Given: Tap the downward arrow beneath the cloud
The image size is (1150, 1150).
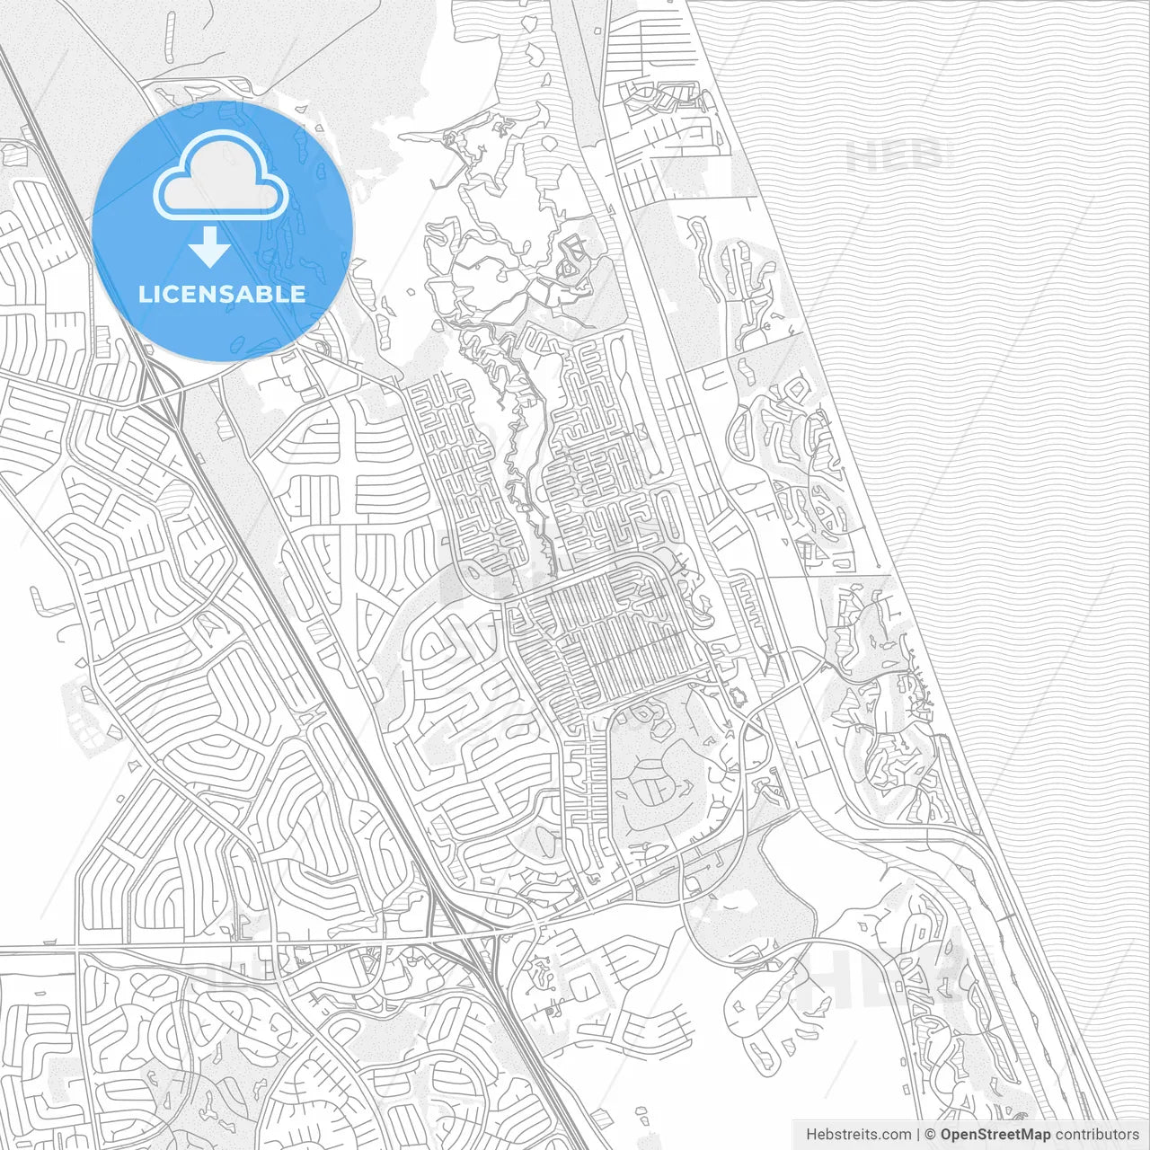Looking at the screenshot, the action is (210, 248).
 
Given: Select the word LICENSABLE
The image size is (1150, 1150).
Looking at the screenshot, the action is (221, 295).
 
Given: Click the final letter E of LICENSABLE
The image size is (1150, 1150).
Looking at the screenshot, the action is (296, 295).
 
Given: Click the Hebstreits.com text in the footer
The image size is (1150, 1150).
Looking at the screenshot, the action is (858, 1135).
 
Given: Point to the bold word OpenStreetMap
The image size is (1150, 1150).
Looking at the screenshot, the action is (995, 1135).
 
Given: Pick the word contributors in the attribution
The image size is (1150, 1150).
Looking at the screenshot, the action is (1097, 1135).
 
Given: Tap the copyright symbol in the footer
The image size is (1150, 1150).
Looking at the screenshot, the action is (931, 1135).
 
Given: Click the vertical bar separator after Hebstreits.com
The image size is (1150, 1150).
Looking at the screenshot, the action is (919, 1135).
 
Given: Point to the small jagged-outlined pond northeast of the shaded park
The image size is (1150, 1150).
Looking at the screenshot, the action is (739, 696).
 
